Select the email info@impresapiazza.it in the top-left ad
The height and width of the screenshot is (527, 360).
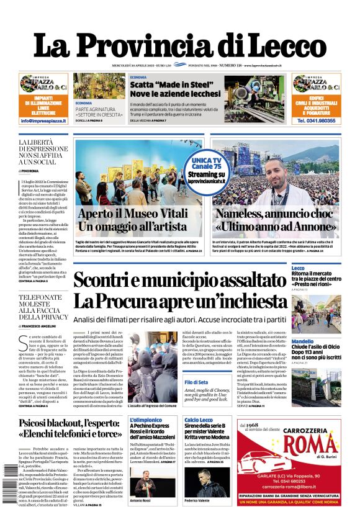(x=43, y=120)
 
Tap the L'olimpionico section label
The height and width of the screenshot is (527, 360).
(x=146, y=420)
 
